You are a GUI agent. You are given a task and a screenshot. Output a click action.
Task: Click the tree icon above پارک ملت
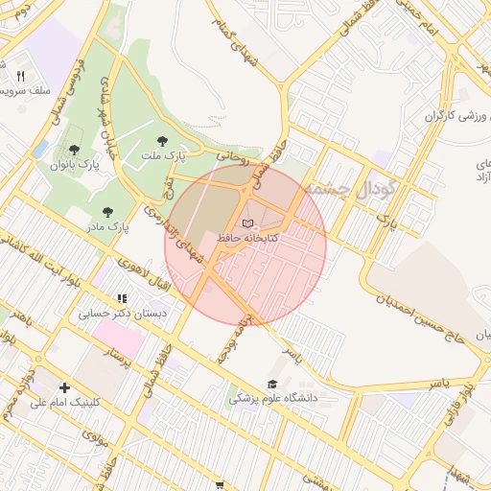click(x=175, y=141)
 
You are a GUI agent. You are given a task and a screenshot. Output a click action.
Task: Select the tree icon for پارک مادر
click(x=106, y=212)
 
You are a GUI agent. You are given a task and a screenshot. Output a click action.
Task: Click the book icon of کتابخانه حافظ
click(x=249, y=222)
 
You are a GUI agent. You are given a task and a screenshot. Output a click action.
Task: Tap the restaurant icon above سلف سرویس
click(x=20, y=76)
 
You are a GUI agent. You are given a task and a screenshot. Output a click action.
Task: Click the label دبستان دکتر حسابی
click(x=122, y=313)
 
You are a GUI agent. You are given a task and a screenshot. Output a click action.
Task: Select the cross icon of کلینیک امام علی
click(x=64, y=387)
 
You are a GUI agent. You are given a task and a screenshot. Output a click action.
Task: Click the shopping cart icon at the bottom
click(x=220, y=485)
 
